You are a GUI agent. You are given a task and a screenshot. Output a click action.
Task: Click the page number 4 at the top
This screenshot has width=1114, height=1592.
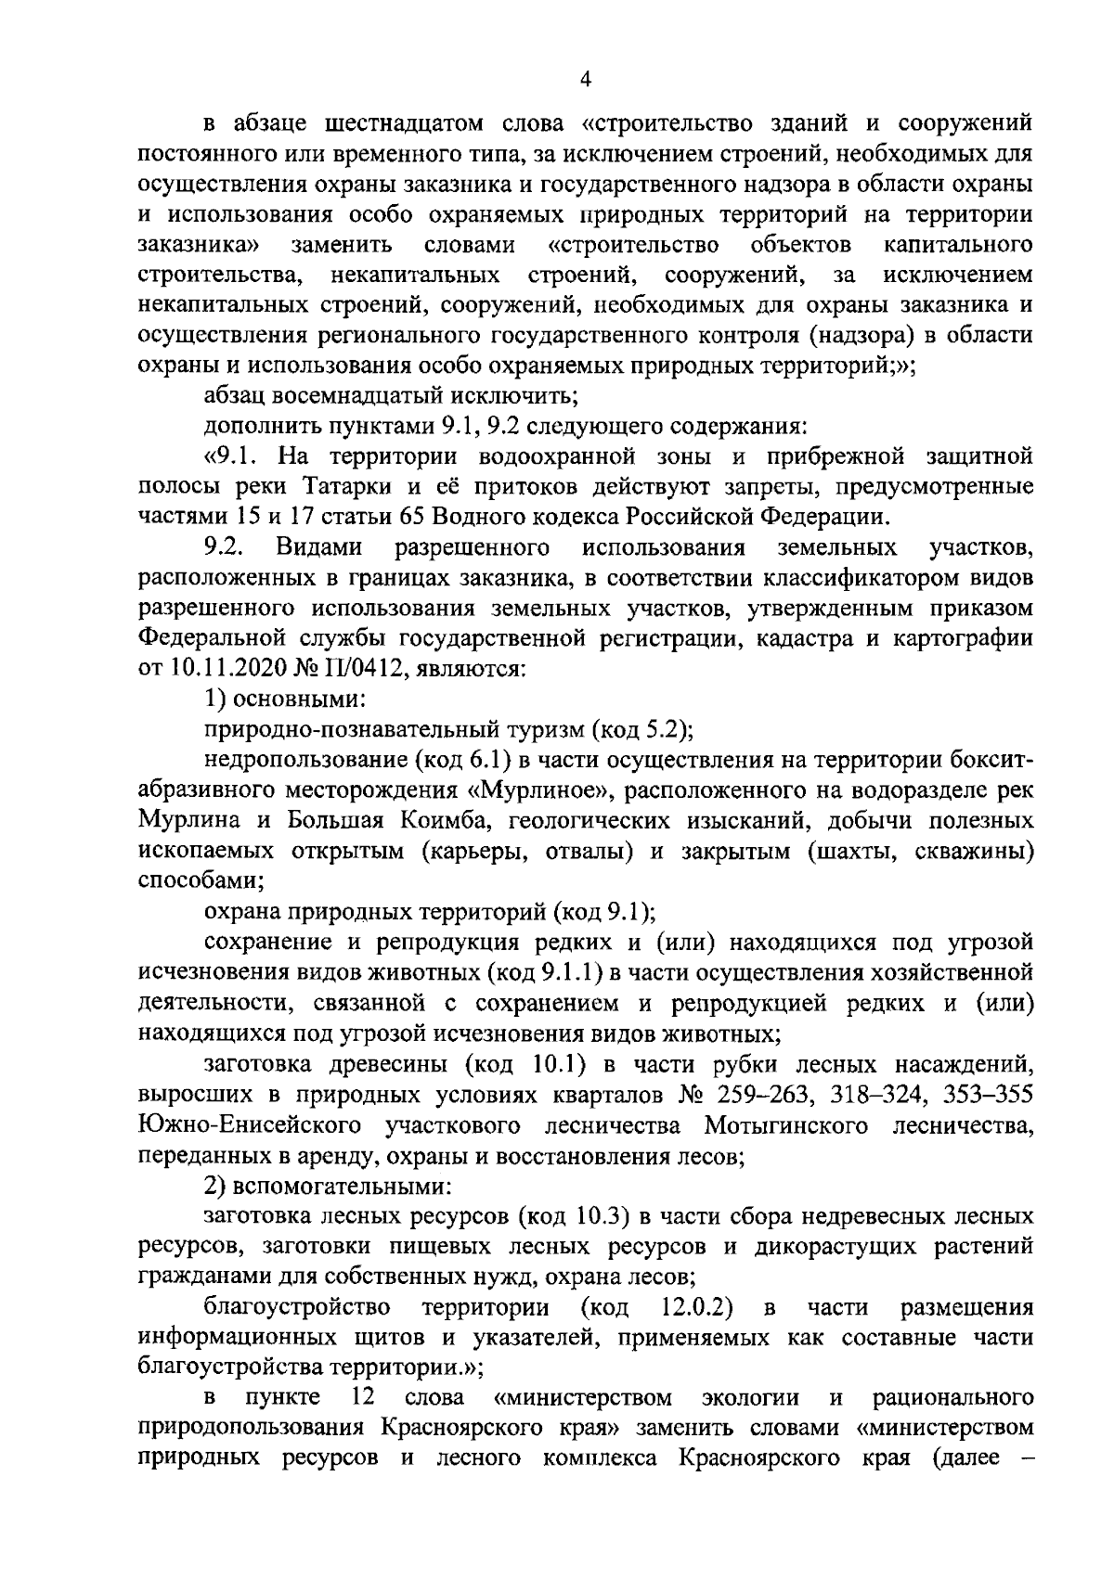pyautogui.click(x=585, y=80)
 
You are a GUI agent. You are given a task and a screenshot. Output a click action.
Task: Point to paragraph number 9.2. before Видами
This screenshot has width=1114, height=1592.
pyautogui.click(x=224, y=548)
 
